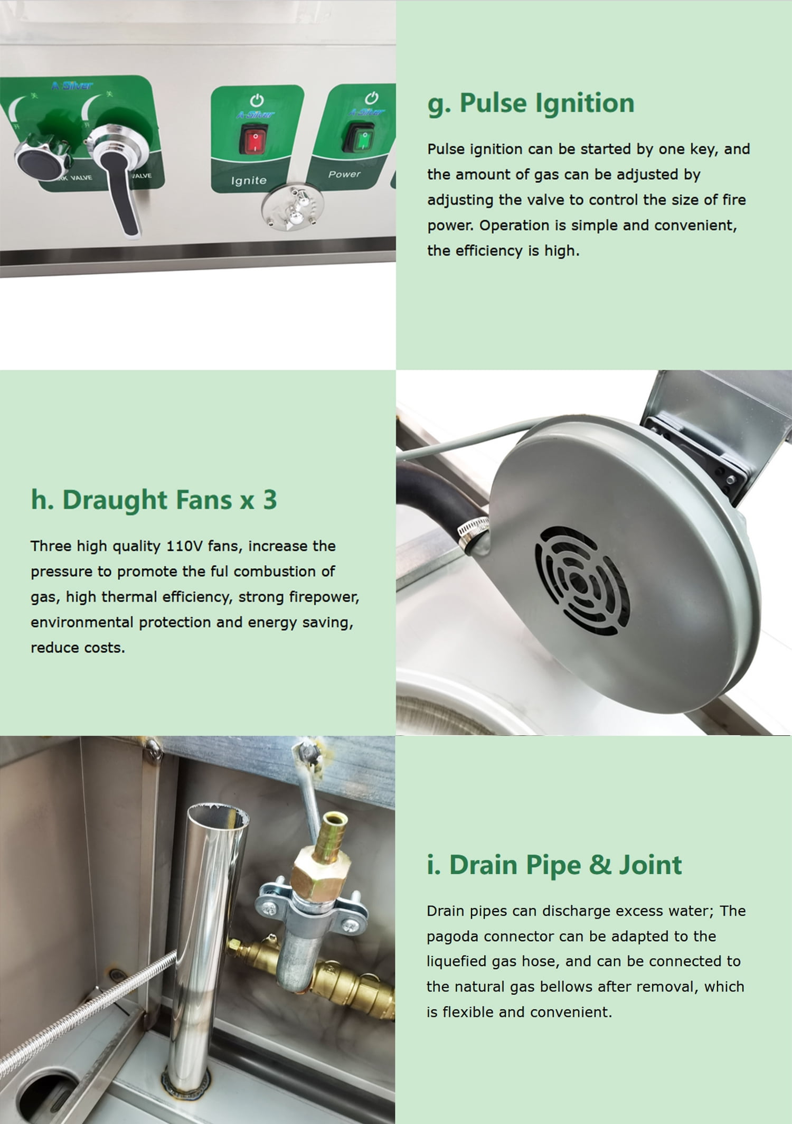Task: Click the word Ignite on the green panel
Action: coord(249,181)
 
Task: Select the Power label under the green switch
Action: coord(344,174)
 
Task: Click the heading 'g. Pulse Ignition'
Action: coord(531,104)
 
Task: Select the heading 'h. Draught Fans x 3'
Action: coord(154,500)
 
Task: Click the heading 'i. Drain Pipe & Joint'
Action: coord(554,865)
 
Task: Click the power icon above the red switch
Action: coord(257,100)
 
